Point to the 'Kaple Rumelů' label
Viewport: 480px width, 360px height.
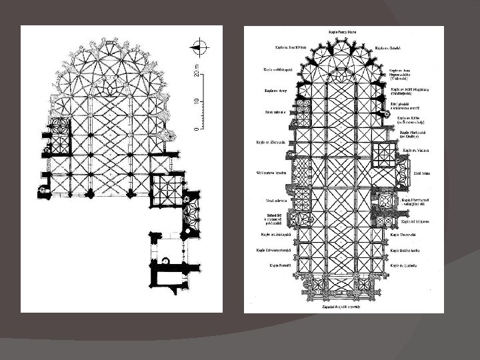pos(276,265)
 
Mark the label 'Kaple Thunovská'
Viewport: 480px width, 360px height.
pos(404,235)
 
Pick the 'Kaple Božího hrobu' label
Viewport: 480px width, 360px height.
pos(407,251)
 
